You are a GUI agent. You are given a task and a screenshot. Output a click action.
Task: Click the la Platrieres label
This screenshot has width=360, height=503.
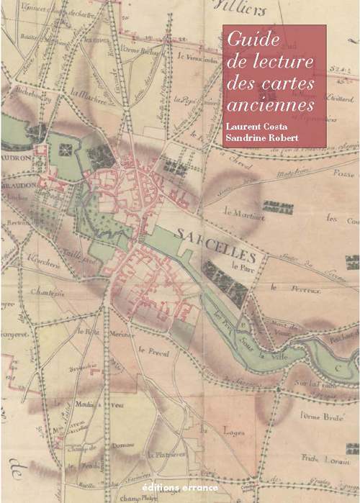(166, 455)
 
